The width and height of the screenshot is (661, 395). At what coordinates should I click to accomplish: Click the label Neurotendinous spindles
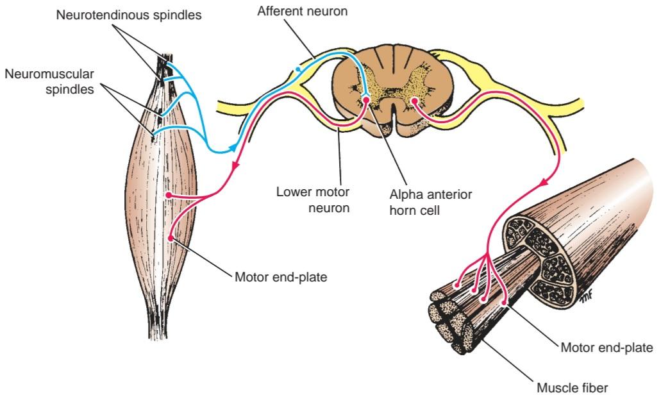(129, 15)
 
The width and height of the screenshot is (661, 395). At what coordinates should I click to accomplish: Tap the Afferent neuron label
(302, 11)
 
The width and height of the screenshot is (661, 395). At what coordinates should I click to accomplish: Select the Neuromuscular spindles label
(49, 81)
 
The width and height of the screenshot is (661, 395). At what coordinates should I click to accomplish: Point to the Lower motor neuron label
(313, 200)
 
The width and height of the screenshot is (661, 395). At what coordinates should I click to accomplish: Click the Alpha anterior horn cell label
(430, 203)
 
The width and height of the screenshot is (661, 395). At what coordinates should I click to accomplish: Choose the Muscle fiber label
(572, 387)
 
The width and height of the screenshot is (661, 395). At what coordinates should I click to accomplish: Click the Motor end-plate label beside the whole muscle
(281, 278)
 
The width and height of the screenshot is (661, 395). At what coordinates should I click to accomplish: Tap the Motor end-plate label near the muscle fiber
(607, 348)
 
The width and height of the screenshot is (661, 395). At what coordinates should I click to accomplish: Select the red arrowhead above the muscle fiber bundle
(544, 183)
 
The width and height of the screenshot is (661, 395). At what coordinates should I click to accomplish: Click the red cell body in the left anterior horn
(365, 100)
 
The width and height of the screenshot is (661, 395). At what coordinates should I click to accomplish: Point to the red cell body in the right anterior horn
(415, 101)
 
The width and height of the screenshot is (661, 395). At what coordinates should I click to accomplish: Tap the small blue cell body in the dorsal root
(299, 69)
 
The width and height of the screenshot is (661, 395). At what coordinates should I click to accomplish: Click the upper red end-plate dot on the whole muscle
(168, 196)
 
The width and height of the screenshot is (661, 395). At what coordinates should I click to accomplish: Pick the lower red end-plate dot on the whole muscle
(171, 238)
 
